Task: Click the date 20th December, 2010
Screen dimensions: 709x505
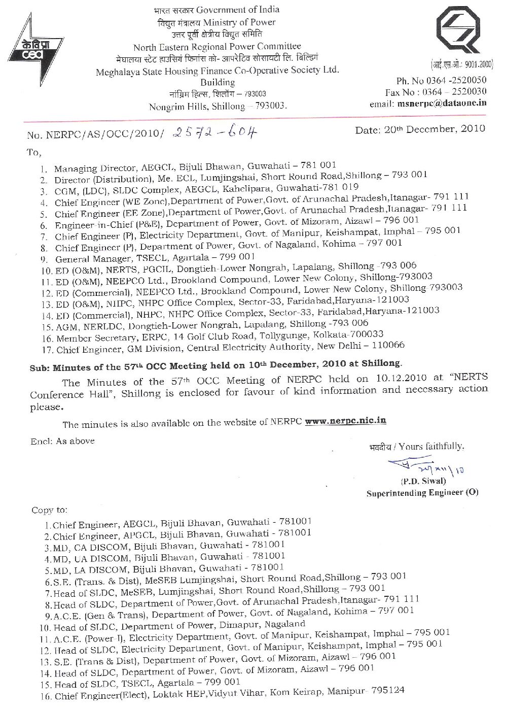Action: (420, 129)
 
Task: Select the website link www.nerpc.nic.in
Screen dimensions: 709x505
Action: (353, 421)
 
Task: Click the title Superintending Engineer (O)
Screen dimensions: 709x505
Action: (422, 492)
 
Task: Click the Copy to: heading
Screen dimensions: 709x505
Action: (49, 510)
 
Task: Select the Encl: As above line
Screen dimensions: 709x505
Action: (62, 442)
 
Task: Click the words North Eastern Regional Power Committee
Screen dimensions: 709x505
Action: (217, 47)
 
